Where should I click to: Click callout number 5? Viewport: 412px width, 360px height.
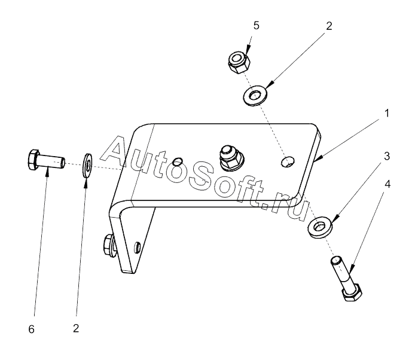[x=255, y=26]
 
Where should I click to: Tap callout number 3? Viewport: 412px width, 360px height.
[x=387, y=156]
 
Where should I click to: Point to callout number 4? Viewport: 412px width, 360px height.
[x=387, y=184]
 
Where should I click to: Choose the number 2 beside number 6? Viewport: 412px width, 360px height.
[x=76, y=328]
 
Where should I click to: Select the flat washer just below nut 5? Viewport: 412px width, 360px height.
[x=256, y=94]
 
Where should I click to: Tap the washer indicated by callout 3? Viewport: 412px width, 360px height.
[x=321, y=227]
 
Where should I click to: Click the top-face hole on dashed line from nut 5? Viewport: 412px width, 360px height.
[x=288, y=160]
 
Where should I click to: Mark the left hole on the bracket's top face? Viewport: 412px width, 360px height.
[x=177, y=162]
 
